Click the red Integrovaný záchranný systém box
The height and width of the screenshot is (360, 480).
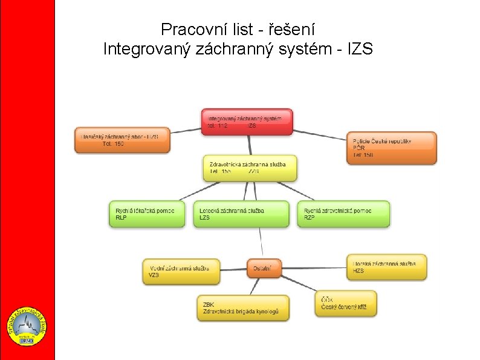(x=247, y=122)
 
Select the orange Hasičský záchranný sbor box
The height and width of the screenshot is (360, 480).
(x=122, y=140)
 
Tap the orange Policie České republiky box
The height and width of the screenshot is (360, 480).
(x=391, y=148)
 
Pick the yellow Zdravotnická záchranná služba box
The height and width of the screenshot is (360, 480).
(x=250, y=168)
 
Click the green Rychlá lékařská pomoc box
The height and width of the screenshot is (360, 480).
(x=147, y=214)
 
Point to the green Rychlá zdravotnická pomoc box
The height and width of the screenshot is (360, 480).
(x=343, y=214)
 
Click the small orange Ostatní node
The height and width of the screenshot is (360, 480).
(x=264, y=267)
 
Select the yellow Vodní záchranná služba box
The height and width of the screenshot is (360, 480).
(x=181, y=271)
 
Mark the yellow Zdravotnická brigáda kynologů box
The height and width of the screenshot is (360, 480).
(x=243, y=307)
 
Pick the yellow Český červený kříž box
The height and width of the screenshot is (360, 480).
(x=345, y=303)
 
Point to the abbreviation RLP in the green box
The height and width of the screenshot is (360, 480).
(x=122, y=218)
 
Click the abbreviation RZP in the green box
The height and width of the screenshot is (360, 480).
(x=310, y=218)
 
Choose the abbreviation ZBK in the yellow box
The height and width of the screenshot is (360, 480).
(x=209, y=304)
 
